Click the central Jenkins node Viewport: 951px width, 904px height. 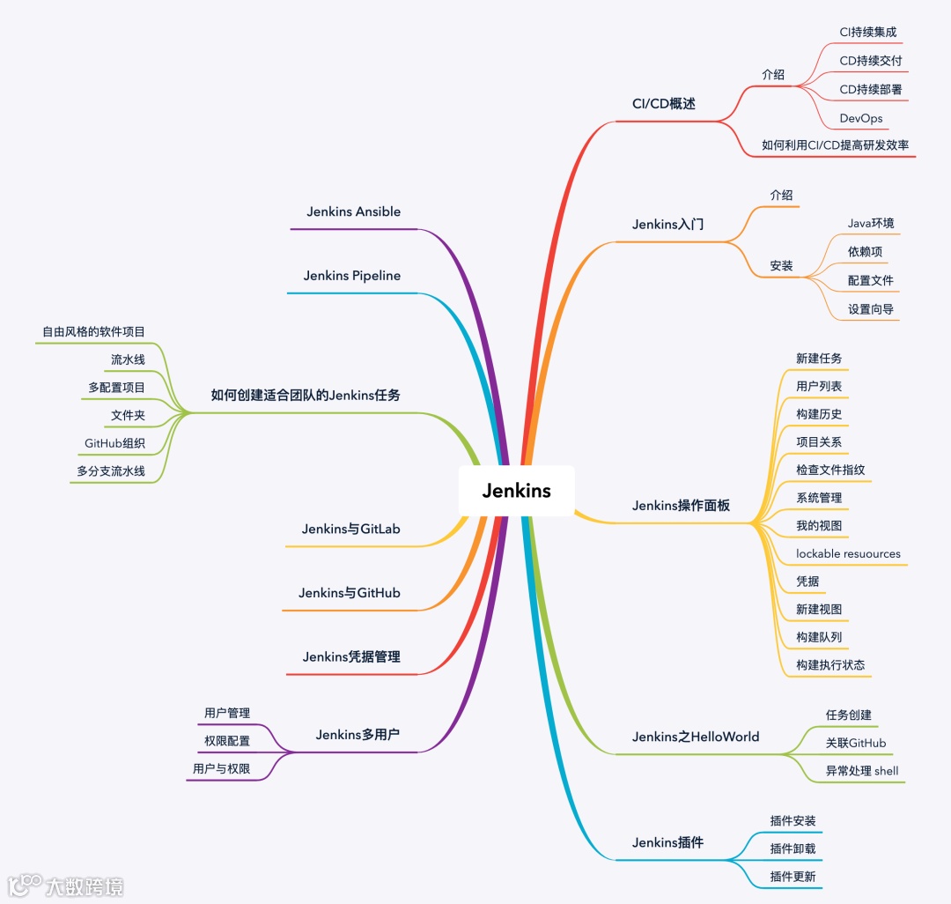pyautogui.click(x=516, y=491)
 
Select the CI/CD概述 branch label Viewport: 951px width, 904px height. pyautogui.click(x=663, y=104)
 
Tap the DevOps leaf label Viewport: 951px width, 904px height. pyautogui.click(x=860, y=118)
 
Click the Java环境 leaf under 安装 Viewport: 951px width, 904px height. pyautogui.click(x=870, y=224)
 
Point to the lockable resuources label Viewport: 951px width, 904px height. pyautogui.click(x=848, y=554)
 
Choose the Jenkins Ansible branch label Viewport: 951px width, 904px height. pyautogui.click(x=353, y=211)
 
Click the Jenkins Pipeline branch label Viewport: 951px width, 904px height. pyautogui.click(x=351, y=276)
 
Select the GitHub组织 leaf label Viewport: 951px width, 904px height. pyautogui.click(x=114, y=443)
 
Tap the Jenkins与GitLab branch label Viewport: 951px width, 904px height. pyautogui.click(x=350, y=530)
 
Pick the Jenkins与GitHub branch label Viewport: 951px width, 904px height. pyautogui.click(x=349, y=593)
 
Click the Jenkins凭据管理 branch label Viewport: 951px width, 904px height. pyautogui.click(x=350, y=657)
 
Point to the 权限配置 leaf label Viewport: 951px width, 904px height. pyautogui.click(x=227, y=741)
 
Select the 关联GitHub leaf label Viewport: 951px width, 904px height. pyautogui.click(x=855, y=743)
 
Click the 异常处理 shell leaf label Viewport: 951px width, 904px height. pyautogui.click(x=861, y=771)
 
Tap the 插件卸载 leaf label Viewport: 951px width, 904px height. pyautogui.click(x=792, y=848)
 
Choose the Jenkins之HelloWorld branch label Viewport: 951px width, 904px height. pyautogui.click(x=695, y=737)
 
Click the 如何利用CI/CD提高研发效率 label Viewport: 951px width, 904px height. pyautogui.click(x=835, y=145)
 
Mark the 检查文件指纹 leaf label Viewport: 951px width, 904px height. pyautogui.click(x=830, y=471)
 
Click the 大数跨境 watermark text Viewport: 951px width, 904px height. pyautogui.click(x=85, y=885)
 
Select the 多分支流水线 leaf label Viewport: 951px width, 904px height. pyautogui.click(x=110, y=471)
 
